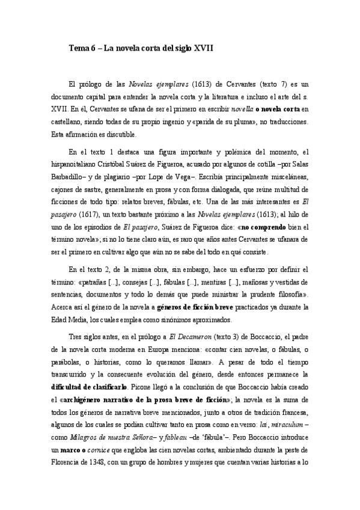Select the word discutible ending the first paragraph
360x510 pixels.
pyautogui.click(x=118, y=134)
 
